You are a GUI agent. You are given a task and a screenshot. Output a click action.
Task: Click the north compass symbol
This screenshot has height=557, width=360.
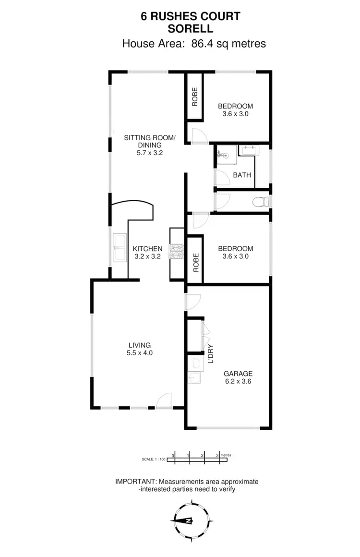[x=191, y=521]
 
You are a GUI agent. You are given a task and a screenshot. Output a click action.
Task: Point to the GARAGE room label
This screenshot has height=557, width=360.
[x=238, y=374]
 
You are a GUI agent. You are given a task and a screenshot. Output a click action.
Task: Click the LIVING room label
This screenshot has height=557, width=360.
[x=139, y=345]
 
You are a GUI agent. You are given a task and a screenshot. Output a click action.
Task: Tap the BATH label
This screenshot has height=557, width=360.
[x=242, y=175]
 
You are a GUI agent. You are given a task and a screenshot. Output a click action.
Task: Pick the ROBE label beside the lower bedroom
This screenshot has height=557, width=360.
[x=196, y=263]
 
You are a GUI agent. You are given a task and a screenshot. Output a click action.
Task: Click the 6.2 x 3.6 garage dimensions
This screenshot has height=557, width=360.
[x=238, y=382]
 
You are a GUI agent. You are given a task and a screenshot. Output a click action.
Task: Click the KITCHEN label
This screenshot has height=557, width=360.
[x=147, y=249]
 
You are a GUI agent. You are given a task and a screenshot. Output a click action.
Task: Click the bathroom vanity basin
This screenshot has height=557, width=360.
[x=248, y=151]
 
